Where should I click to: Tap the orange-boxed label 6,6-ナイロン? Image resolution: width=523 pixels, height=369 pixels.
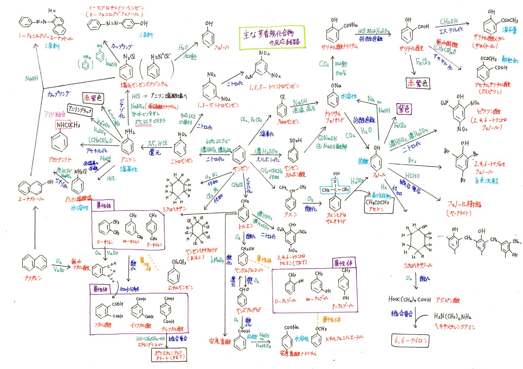pyautogui.click(x=410, y=340)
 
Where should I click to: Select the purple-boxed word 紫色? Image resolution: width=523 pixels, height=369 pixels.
pyautogui.click(x=404, y=109)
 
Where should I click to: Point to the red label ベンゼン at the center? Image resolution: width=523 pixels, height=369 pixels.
pyautogui.click(x=241, y=168)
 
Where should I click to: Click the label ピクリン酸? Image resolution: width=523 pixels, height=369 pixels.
pyautogui.click(x=489, y=111)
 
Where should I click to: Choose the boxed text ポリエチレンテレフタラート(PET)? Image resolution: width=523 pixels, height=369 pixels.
pyautogui.click(x=169, y=355)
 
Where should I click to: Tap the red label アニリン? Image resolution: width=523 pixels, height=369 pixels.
pyautogui.click(x=128, y=160)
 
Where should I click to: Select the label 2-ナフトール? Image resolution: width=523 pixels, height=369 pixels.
pyautogui.click(x=31, y=199)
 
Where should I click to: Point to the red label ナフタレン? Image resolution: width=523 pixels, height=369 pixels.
pyautogui.click(x=33, y=278)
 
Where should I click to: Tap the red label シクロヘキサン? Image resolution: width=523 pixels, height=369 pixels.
pyautogui.click(x=175, y=210)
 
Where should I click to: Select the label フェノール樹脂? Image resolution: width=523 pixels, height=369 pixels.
pyautogui.click(x=464, y=205)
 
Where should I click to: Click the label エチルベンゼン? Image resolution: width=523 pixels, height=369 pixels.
pyautogui.click(x=180, y=287)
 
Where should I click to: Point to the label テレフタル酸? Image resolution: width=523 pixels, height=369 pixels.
pyautogui.click(x=172, y=329)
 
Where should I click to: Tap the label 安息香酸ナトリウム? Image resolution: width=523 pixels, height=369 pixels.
pyautogui.click(x=298, y=353)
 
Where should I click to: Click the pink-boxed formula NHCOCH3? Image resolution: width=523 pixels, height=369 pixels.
pyautogui.click(x=68, y=125)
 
